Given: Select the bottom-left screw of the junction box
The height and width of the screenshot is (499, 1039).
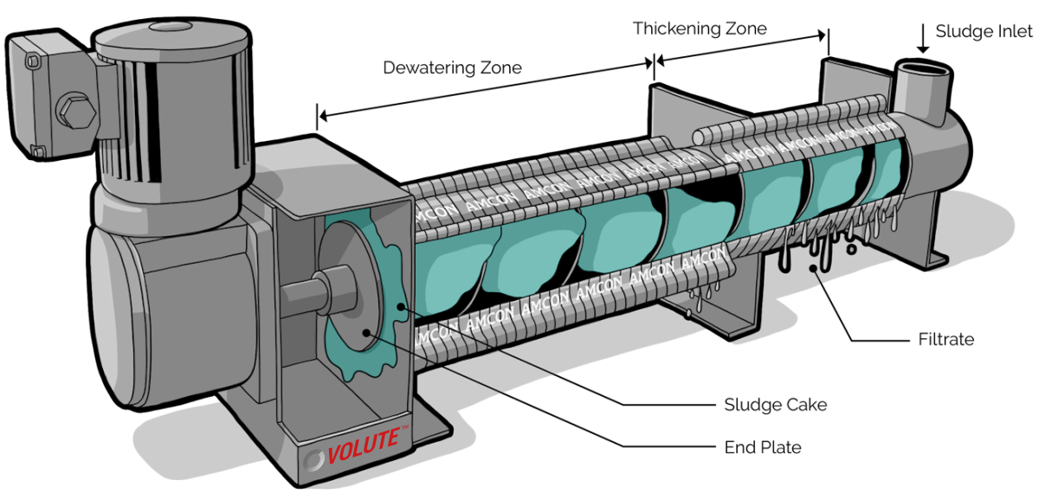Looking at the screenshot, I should pos(35,152).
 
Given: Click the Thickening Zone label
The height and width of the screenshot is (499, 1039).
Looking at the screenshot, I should pos(702,29).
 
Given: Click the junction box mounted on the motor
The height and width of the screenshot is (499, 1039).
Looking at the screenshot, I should pos(48,99).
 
